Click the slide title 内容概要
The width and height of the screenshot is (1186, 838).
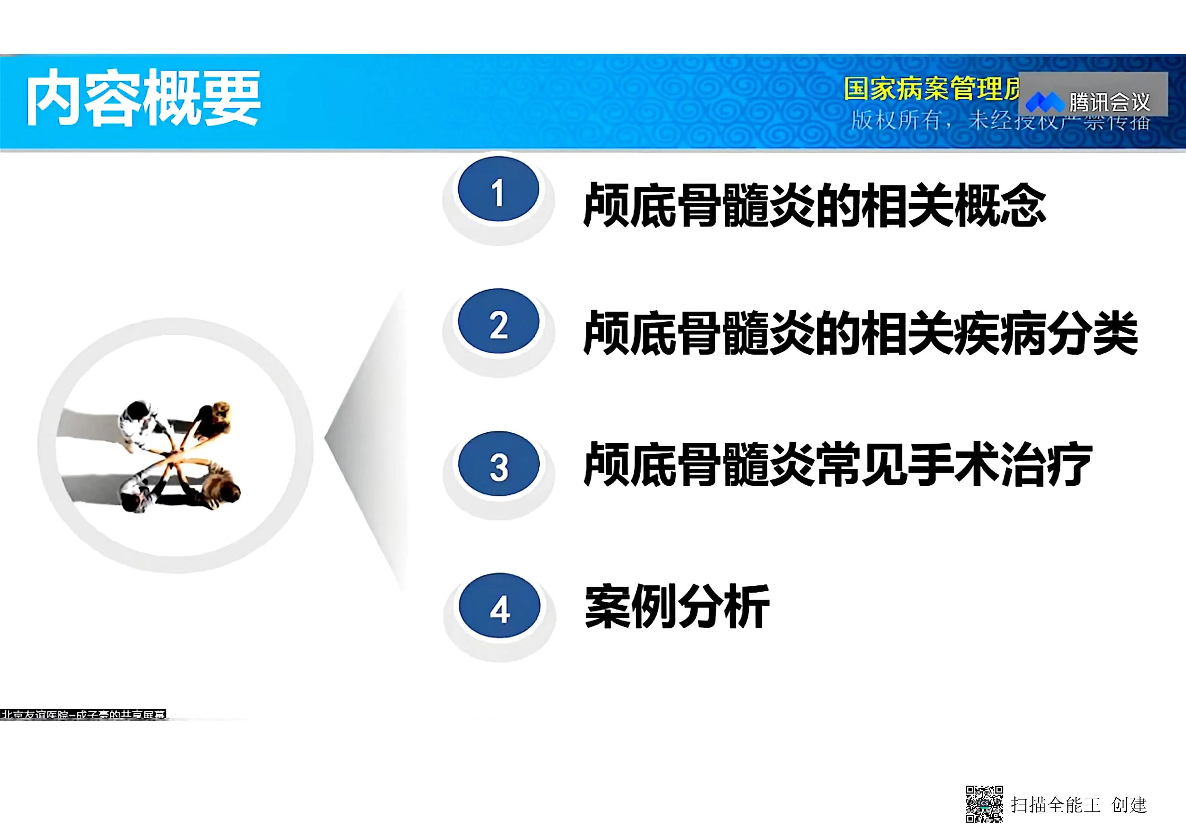(x=144, y=98)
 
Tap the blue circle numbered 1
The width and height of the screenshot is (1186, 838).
(x=498, y=190)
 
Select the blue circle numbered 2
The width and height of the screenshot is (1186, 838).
(x=498, y=322)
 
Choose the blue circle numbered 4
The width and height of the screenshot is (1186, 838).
(x=499, y=606)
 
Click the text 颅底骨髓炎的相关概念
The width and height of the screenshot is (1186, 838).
(x=814, y=205)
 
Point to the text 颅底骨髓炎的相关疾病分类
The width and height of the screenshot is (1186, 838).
(x=860, y=333)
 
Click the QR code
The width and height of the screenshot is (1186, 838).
(x=985, y=804)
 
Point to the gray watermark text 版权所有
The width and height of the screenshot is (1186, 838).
(x=896, y=120)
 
